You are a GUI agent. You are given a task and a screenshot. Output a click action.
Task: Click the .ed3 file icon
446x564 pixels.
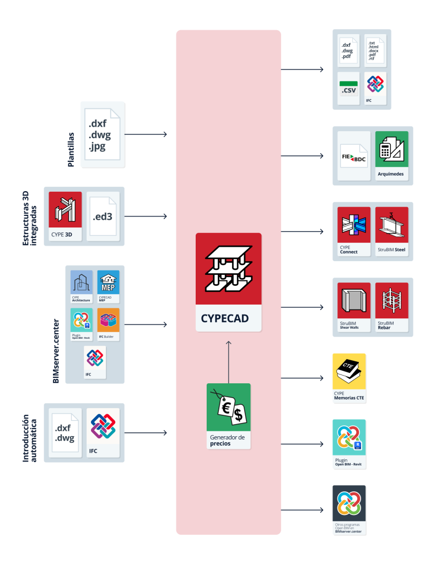pos(103,215)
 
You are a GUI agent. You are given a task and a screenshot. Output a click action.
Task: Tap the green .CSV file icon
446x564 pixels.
pos(348,88)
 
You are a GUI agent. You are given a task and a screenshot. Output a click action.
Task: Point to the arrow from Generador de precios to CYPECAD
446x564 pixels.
pos(229,361)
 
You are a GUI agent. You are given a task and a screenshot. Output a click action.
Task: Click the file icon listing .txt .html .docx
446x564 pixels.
pos(376,50)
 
